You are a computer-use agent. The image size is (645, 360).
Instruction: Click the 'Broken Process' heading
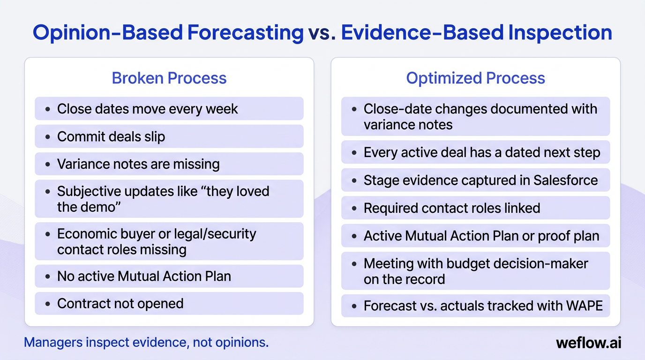169,78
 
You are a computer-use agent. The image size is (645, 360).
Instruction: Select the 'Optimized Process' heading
475,78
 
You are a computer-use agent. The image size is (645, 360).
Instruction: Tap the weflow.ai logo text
588,343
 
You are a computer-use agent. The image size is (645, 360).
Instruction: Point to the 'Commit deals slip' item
111,136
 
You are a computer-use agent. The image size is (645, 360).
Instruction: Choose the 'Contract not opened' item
120,303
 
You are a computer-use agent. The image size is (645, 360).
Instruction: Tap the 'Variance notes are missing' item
138,164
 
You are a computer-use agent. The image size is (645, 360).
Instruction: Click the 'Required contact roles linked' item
452,208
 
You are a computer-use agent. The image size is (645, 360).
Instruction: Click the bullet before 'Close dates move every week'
47,109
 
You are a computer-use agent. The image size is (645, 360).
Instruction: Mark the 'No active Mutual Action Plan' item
144,276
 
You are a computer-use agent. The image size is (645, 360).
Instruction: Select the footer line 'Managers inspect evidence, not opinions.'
146,343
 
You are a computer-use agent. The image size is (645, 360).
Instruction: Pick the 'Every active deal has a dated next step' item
482,153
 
